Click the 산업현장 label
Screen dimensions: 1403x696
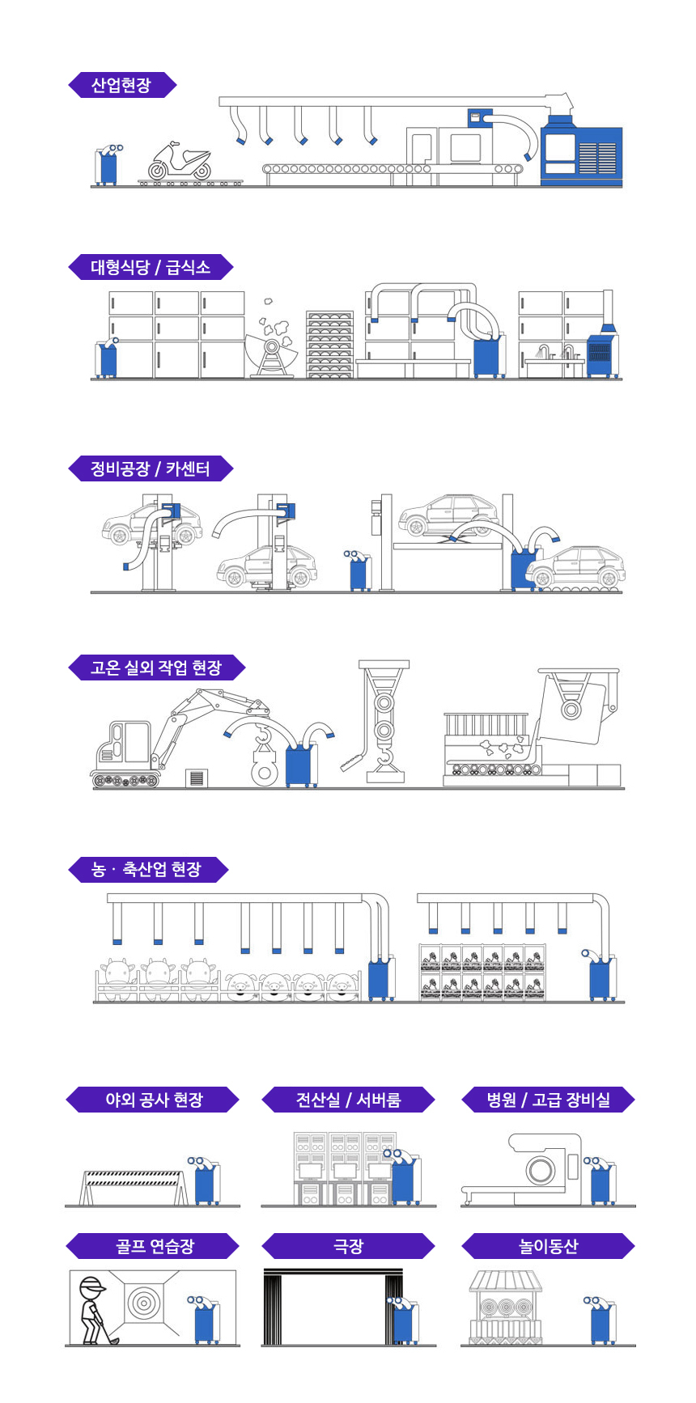click(x=121, y=85)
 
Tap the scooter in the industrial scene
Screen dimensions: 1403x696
click(x=180, y=161)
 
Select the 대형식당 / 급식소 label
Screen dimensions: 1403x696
click(x=151, y=267)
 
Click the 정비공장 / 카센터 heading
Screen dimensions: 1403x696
click(x=151, y=468)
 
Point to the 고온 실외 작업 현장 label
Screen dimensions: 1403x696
click(x=156, y=668)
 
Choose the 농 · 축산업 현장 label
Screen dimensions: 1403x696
click(x=147, y=870)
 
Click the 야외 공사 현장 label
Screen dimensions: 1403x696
click(x=153, y=1100)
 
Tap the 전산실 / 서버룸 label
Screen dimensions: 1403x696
click(x=348, y=1100)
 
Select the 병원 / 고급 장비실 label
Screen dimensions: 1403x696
click(x=548, y=1100)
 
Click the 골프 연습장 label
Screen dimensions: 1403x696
click(x=153, y=1246)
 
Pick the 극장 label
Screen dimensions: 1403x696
click(x=348, y=1246)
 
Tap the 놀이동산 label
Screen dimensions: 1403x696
click(x=548, y=1246)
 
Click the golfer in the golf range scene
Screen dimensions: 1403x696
click(x=92, y=1311)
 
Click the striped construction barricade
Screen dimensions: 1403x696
click(x=134, y=1183)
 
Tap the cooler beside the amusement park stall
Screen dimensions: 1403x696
click(x=601, y=1320)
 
